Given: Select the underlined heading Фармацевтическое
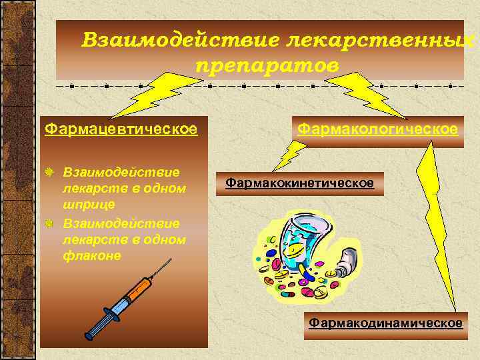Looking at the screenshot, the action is (x=121, y=128).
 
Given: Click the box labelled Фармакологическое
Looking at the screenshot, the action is (x=377, y=127).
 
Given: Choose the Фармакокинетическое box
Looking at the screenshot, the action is (x=299, y=182).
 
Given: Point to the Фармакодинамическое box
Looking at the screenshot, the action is (x=385, y=323).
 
